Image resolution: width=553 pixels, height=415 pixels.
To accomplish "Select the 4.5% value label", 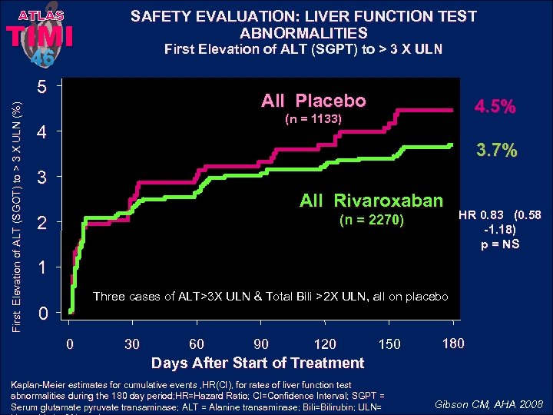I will coord(495,107).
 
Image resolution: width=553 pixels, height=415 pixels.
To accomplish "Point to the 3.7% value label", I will coord(495,150).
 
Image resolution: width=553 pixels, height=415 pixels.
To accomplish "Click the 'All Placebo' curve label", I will coord(313,101).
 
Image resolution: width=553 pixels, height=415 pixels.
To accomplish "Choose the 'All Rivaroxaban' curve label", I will coord(371,201).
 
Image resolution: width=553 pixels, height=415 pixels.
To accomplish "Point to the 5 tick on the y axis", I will coord(45,87).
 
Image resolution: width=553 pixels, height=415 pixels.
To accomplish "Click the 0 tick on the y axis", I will coord(45,314).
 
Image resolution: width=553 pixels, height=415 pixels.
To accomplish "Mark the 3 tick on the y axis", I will coord(45,178).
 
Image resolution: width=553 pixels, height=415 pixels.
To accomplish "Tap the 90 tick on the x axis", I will coord(261,344).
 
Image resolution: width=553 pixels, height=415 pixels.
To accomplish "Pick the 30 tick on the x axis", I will coord(133,344).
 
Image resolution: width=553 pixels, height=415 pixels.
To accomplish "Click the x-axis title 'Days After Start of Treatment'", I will coord(257,363).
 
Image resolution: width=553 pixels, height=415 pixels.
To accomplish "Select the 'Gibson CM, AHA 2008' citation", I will coord(488,403).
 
